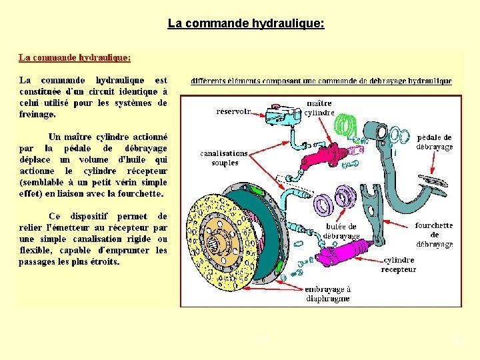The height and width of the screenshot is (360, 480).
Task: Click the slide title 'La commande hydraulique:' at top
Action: pos(246,24)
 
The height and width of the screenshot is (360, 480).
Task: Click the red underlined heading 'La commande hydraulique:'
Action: pos(74,58)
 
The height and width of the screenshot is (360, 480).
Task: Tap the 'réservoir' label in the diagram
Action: pos(234,111)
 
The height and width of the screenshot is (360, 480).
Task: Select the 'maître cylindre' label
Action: pos(319,108)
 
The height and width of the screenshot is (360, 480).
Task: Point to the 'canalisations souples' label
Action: pos(224,158)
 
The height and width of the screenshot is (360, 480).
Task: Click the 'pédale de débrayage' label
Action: pos(435,142)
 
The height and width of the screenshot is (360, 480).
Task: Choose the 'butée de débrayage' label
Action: pos(341,231)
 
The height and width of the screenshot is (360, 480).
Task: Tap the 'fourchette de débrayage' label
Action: pos(434,235)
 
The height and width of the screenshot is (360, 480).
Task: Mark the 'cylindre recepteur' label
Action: pos(399,265)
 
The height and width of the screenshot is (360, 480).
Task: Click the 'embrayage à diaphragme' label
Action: pos(327,294)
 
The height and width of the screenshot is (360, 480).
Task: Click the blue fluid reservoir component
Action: pos(283,115)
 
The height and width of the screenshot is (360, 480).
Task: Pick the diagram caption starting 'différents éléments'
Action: pos(321,81)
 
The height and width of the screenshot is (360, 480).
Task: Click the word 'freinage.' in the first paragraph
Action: pos(37,115)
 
